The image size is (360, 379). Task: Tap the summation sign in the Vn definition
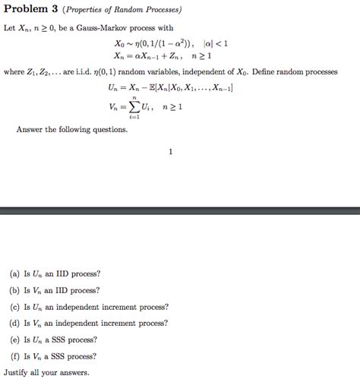click(134, 107)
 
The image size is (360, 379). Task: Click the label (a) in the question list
click(15, 273)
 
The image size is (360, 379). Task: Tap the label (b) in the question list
click(15, 290)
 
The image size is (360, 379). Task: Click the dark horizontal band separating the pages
click(180, 210)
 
